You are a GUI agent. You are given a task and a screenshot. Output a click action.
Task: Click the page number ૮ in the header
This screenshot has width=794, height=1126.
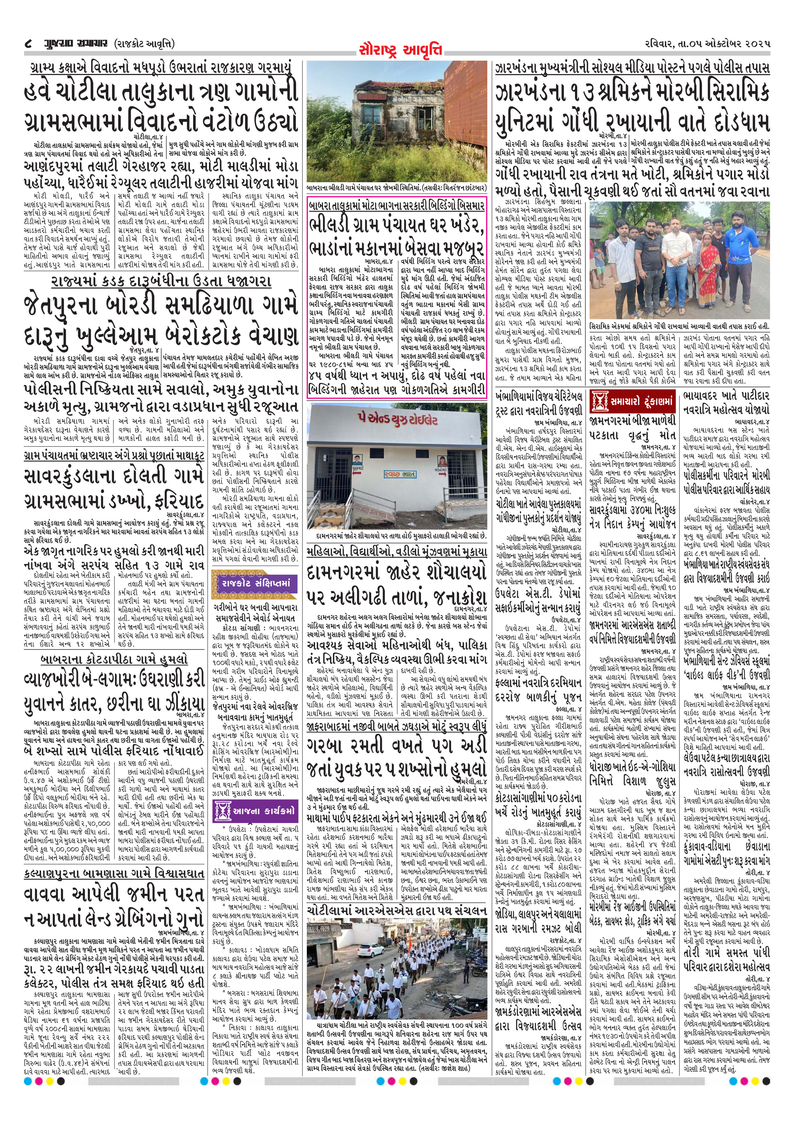tap(28, 44)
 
